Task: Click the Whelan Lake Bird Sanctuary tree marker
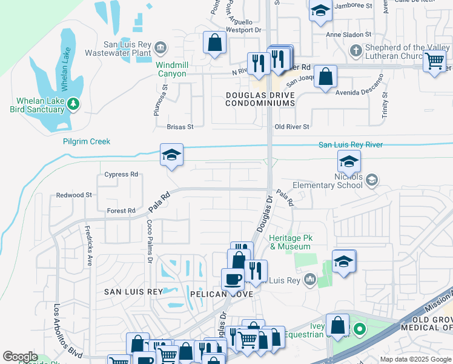74,104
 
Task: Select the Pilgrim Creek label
87,141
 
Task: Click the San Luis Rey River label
351,145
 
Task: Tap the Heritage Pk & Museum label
289,243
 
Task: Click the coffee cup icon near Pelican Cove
232,280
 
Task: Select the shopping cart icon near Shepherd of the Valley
435,61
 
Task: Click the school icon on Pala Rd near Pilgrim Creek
171,156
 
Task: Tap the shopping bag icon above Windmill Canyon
214,43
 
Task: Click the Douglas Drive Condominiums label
260,99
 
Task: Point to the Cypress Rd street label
121,174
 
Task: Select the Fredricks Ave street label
88,249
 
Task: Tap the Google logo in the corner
20,357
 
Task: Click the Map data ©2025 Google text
415,359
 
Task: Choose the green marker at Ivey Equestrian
359,331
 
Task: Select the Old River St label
292,127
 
